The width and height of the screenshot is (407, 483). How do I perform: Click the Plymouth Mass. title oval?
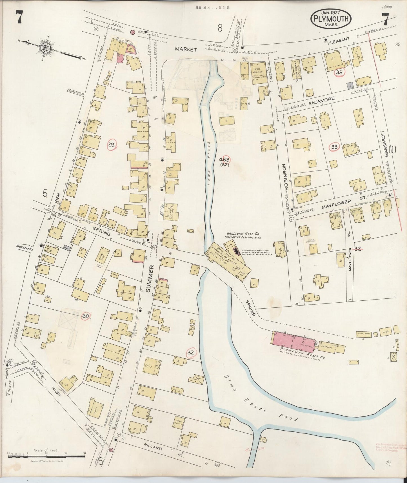[x=331, y=19]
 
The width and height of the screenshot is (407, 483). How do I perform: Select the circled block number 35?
[x=339, y=72]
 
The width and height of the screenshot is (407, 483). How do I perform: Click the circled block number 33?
[x=334, y=147]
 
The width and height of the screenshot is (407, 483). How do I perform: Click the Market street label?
[x=185, y=49]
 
